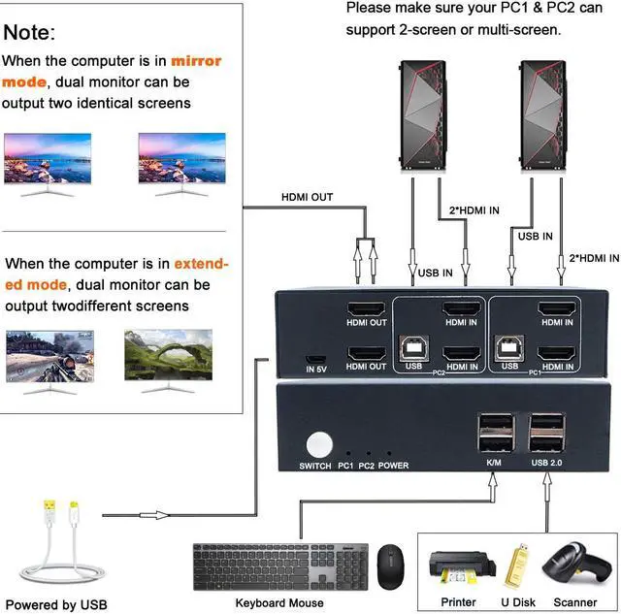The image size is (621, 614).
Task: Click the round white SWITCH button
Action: pyautogui.click(x=317, y=444)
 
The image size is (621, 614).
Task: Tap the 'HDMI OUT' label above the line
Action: pyautogui.click(x=307, y=197)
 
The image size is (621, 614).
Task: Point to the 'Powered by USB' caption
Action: pyautogui.click(x=56, y=605)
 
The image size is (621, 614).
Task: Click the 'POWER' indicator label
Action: pyautogui.click(x=394, y=466)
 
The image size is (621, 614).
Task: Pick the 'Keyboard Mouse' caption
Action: pyautogui.click(x=265, y=603)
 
